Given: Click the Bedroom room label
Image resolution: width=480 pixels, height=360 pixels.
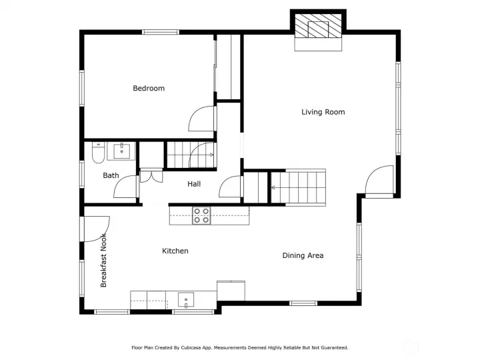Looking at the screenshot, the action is (x=149, y=88).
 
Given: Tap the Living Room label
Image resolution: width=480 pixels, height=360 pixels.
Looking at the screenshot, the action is (x=323, y=112).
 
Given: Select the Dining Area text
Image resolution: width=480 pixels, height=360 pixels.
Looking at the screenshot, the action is (x=303, y=255).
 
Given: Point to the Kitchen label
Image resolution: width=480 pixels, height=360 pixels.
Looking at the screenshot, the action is (x=175, y=251).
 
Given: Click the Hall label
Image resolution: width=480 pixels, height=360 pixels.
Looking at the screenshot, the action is (x=194, y=184).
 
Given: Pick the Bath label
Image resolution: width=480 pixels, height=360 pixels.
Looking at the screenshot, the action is (x=111, y=175).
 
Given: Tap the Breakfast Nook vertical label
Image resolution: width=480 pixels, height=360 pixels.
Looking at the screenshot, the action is (x=103, y=260).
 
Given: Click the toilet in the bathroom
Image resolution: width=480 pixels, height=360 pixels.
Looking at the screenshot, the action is (x=98, y=153).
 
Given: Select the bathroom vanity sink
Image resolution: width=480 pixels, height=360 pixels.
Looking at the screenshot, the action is (x=122, y=151).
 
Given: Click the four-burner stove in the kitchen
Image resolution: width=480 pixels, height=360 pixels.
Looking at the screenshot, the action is (x=202, y=215).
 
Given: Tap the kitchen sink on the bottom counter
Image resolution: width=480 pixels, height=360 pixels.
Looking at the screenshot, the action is (x=186, y=300).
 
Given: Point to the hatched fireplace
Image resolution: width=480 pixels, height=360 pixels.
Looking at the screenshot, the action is (x=318, y=26).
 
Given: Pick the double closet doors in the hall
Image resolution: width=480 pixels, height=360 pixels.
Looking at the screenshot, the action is (x=151, y=177).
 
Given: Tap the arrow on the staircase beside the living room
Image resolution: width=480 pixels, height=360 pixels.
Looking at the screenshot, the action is (x=273, y=187).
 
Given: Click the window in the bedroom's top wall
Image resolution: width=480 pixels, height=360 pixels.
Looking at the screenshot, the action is (x=161, y=32).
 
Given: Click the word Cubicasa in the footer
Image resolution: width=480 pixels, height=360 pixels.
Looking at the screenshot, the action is (x=191, y=348).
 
